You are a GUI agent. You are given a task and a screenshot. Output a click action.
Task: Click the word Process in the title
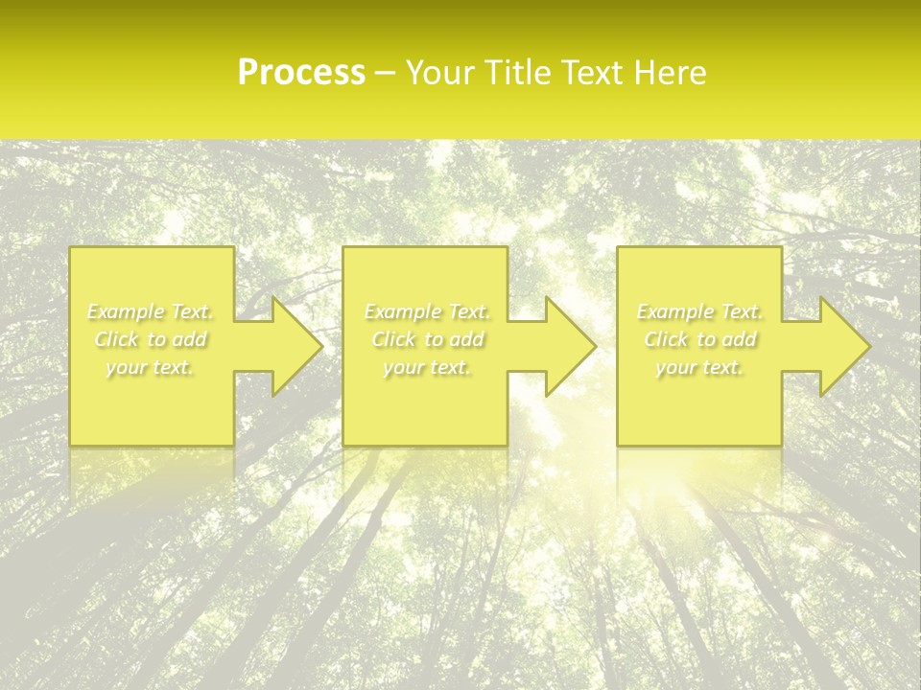point(301,73)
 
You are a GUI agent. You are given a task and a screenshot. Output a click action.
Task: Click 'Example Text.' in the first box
point(151,311)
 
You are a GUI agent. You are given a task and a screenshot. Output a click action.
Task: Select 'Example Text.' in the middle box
point(427,311)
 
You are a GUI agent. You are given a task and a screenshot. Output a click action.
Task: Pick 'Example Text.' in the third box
point(699,311)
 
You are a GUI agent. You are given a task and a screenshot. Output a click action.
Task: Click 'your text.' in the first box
point(151,367)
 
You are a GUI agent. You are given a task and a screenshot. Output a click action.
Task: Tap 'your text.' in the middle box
point(427,367)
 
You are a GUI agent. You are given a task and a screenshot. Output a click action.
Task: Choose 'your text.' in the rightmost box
point(699,367)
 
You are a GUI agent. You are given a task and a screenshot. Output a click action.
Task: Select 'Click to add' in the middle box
point(427,339)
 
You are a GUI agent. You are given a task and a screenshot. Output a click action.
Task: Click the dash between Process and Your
point(386,74)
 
